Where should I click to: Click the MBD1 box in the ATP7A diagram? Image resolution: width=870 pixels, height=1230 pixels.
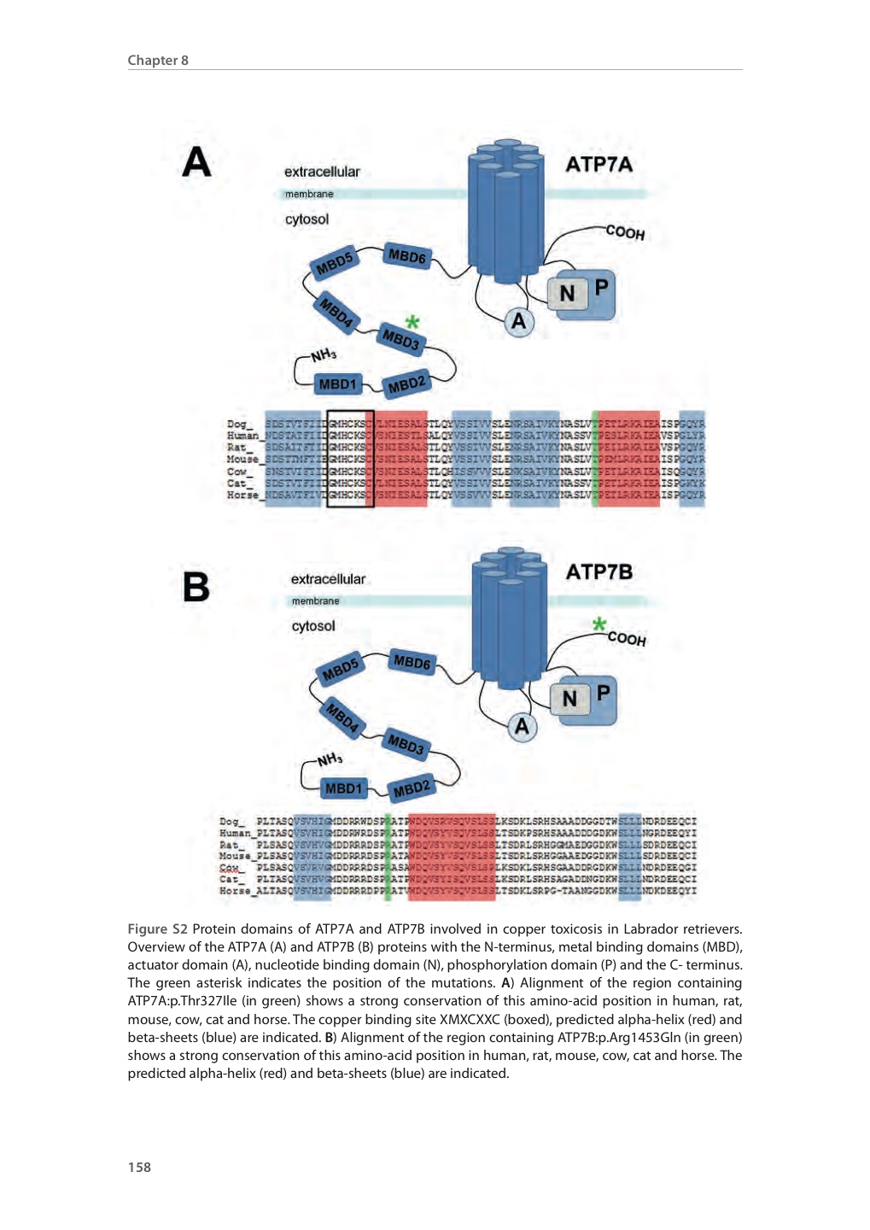pos(337,384)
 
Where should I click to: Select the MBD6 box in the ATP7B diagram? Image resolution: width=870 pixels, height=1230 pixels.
pos(412,662)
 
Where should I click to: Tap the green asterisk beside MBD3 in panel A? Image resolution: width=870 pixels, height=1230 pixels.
pos(412,322)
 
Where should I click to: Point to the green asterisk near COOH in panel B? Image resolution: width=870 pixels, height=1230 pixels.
pos(600,624)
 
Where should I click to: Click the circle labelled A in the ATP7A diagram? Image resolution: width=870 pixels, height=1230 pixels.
pos(518,322)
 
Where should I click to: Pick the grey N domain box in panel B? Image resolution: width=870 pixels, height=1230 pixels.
pos(569,699)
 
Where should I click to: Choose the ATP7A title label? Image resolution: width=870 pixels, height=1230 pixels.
pos(598,164)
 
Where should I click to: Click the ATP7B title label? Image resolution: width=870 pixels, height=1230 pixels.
pos(598,571)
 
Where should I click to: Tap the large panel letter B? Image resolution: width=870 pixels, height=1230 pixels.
pos(196,587)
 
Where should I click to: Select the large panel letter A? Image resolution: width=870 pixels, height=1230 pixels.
pos(196,161)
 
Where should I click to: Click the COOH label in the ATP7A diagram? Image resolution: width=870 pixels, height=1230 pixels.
pos(625,232)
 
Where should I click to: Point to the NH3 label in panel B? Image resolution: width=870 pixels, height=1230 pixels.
pos(330,758)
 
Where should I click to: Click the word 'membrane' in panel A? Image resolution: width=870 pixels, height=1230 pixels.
pos(309,194)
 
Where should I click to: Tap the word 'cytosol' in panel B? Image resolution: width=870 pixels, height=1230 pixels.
pos(313,626)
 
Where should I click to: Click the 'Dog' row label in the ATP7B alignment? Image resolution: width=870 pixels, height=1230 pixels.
pos(231,822)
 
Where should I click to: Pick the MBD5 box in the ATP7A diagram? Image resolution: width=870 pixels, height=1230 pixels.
pos(334,264)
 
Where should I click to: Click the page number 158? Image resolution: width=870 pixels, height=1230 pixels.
pos(139,1167)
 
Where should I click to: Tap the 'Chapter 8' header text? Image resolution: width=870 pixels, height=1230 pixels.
pos(158,60)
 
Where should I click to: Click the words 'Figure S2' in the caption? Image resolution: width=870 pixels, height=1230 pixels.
pos(157,928)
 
